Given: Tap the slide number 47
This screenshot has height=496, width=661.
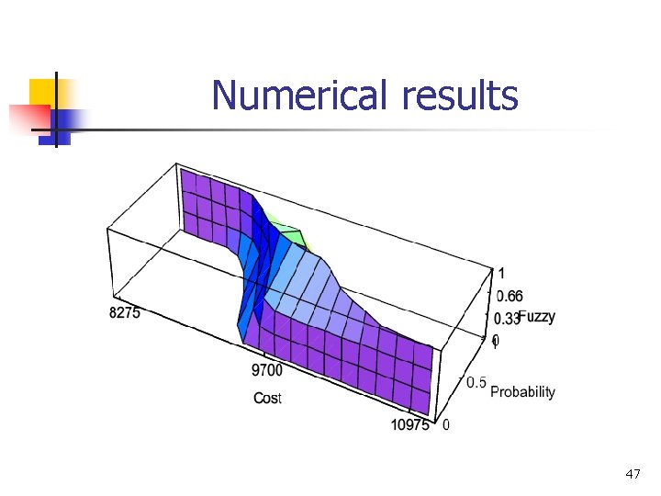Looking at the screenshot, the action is coord(632,474).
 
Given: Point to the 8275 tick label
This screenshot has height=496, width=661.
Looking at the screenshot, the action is coord(125,313).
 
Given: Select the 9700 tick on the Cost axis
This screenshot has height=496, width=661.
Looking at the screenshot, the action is coord(266,370).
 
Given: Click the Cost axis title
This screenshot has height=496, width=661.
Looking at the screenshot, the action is coord(267,398).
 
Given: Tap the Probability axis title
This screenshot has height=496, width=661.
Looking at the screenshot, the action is coord(522,392).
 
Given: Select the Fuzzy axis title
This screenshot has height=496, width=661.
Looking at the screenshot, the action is coord(537,317).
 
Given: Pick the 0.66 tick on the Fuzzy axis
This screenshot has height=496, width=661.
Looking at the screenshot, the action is coord(510,296).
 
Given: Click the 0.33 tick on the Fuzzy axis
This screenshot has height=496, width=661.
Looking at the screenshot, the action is coord(508,319).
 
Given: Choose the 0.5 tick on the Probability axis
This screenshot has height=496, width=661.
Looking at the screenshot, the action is coord(476,382).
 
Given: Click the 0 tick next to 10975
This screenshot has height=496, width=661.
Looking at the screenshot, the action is coord(446,425).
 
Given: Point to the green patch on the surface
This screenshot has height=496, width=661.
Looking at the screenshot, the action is coord(296,234).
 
